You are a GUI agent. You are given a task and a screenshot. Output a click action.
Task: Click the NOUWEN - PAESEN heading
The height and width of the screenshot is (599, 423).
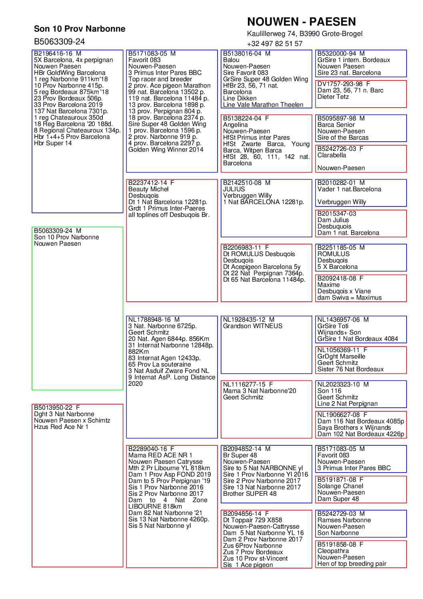tap(301, 22)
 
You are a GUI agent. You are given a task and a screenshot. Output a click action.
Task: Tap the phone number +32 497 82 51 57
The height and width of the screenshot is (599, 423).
tap(274, 44)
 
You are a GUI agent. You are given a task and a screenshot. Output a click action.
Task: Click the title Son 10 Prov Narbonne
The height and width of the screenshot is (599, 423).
tap(80, 29)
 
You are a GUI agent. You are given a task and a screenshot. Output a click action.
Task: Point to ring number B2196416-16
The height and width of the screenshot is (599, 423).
tap(53, 54)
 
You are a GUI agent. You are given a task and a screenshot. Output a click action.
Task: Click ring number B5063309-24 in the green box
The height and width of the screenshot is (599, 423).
tap(53, 231)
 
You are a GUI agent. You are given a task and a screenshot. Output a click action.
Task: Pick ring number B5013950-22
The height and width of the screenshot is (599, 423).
tap(53, 408)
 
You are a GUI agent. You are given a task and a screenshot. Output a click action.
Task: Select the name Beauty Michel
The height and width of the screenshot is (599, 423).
tap(148, 189)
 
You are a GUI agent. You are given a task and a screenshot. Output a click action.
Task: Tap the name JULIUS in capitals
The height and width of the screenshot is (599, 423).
tap(234, 189)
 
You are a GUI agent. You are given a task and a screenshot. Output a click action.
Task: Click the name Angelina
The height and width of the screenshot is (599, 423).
tap(235, 125)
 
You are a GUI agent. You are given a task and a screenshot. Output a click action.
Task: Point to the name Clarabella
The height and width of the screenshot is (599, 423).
tap(331, 155)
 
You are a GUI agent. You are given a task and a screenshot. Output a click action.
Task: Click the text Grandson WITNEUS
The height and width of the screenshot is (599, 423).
tap(252, 326)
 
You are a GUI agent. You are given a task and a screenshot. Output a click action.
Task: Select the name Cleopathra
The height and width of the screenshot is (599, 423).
tap(333, 551)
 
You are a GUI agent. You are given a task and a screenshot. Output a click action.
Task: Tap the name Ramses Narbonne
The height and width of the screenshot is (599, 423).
tap(344, 520)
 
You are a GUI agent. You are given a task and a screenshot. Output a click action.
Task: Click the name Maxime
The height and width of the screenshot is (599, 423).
tap(328, 285)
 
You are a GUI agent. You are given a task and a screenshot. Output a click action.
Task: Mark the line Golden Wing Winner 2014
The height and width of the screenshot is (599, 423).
tap(166, 150)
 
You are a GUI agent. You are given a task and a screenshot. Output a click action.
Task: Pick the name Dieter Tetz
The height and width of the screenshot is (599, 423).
tap(333, 97)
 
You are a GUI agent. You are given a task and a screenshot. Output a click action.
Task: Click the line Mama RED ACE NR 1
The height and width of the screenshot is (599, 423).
tap(160, 455)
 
